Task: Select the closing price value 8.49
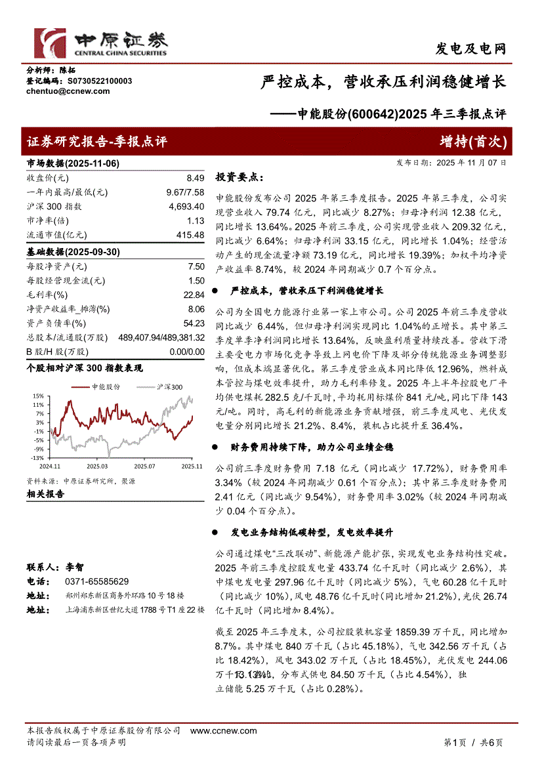pos(196,178)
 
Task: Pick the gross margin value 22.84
pos(196,295)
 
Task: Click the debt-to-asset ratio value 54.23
pos(195,323)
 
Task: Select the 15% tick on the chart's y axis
pos(39,396)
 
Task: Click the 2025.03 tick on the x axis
pos(97,466)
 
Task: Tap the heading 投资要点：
pos(241,177)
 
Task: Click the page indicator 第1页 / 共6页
pos(473,743)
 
